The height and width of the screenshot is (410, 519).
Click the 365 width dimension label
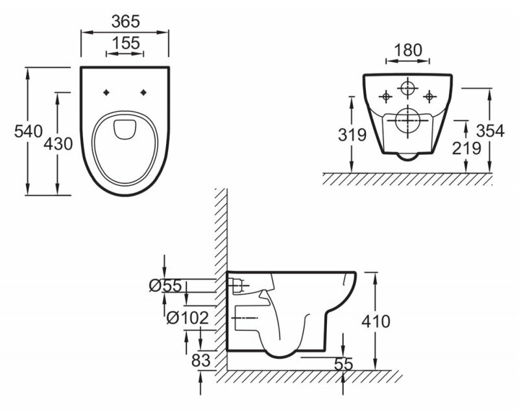click(125, 21)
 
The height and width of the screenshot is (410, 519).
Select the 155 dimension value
click(125, 43)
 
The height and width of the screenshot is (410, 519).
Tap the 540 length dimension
click(14, 131)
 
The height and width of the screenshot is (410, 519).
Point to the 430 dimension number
click(57, 144)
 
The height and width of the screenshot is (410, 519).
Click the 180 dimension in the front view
click(407, 50)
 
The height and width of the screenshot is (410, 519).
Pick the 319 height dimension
click(352, 135)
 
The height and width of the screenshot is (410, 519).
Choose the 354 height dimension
click(490, 130)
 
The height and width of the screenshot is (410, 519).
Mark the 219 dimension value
click(466, 148)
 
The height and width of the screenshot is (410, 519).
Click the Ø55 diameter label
click(167, 286)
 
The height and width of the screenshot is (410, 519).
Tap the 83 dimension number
click(201, 360)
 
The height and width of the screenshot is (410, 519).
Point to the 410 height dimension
click(376, 321)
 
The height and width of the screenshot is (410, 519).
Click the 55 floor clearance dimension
click(343, 365)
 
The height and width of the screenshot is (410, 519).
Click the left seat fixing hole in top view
click(106, 92)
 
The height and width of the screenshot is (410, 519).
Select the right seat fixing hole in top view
click(144, 92)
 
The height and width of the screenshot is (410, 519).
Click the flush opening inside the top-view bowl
click(125, 128)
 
